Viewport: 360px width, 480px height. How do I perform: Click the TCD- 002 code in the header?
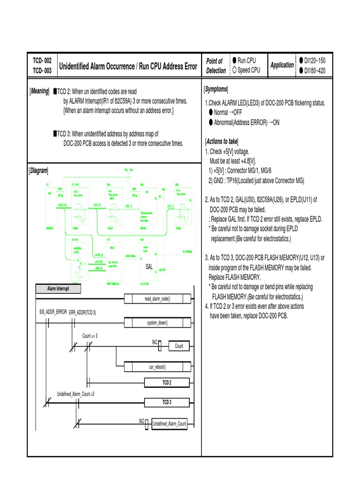(42, 61)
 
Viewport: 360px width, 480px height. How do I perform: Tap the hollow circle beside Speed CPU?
(234, 70)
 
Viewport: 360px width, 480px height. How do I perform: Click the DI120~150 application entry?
(314, 61)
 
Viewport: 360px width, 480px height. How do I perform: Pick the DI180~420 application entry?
(314, 71)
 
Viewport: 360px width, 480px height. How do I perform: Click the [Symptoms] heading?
(216, 89)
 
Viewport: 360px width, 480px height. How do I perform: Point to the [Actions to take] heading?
(222, 142)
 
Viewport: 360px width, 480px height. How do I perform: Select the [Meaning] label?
(39, 91)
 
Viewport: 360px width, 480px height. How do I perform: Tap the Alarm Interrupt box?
(58, 289)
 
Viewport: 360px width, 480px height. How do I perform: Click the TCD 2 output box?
(166, 383)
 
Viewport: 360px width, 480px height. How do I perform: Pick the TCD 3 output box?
(166, 402)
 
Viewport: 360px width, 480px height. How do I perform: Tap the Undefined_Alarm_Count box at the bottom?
(169, 424)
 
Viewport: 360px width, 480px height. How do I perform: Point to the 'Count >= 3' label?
(90, 336)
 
